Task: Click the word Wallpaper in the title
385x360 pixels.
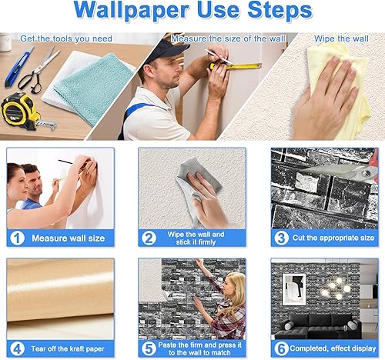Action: (x=132, y=10)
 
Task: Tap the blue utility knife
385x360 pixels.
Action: (x=19, y=67)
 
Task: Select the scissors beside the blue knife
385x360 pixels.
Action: (x=38, y=70)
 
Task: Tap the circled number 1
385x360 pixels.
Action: (x=17, y=238)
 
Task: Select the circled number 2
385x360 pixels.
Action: (x=149, y=238)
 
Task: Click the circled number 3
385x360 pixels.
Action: (x=281, y=238)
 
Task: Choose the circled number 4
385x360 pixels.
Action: (x=17, y=348)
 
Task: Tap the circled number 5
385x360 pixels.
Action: (x=149, y=348)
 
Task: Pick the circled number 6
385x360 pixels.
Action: (x=281, y=348)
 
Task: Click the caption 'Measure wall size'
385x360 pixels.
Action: (x=69, y=238)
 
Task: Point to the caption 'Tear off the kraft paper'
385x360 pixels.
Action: (x=68, y=348)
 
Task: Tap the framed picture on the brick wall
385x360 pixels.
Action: (x=294, y=289)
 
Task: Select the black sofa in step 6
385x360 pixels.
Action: (x=320, y=325)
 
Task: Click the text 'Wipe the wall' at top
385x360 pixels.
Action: (x=341, y=38)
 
